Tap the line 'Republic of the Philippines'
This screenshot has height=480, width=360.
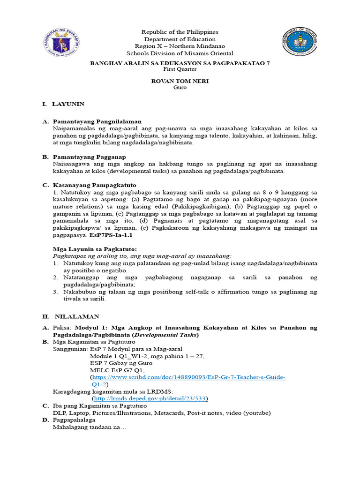pos(180,32)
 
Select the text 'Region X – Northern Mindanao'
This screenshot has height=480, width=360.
pos(180,46)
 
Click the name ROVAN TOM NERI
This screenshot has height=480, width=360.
pos(180,81)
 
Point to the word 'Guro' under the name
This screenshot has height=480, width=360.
pos(180,88)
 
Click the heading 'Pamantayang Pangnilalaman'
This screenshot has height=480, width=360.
pos(97,121)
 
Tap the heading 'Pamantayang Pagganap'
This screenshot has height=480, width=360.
pos(89,157)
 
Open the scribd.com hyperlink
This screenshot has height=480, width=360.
pos(188,377)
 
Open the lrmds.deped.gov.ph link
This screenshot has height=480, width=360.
pos(150,398)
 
